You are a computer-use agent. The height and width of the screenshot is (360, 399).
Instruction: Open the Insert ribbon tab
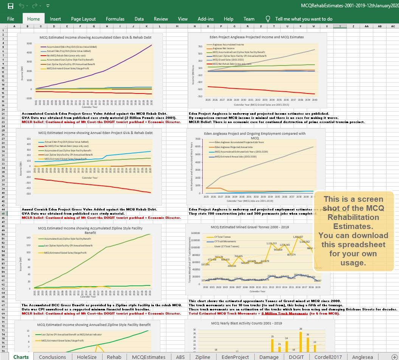[55, 19]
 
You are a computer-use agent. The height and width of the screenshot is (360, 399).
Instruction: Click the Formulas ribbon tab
[115, 19]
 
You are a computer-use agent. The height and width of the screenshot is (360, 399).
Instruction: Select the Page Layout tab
[83, 19]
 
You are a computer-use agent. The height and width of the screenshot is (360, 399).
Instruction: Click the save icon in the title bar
[10, 6]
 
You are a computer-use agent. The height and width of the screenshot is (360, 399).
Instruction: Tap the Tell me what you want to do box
[304, 19]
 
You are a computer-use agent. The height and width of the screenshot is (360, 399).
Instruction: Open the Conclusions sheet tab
[52, 357]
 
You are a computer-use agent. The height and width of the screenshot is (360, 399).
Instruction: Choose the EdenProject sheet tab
[235, 357]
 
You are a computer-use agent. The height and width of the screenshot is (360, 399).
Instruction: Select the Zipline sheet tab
[203, 357]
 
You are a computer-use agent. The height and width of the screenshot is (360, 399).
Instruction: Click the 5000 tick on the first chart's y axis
[29, 44]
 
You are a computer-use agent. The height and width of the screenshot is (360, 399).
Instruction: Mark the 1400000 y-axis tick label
[195, 233]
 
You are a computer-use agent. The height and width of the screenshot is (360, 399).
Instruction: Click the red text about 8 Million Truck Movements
[264, 313]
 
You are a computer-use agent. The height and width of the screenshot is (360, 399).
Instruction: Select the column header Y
[340, 26]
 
